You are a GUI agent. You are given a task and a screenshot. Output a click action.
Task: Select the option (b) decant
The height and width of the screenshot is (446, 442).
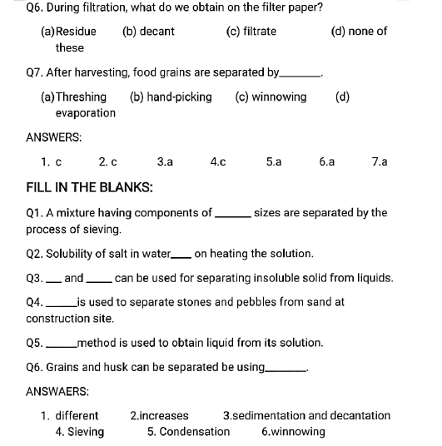click(148, 32)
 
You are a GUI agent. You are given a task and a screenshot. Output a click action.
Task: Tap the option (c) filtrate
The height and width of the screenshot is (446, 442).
click(251, 32)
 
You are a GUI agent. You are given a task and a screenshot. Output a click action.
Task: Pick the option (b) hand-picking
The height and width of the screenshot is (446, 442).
click(171, 97)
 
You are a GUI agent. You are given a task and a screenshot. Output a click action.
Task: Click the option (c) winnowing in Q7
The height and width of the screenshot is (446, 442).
click(271, 97)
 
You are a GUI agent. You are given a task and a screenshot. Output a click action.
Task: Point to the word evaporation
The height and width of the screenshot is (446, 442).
click(86, 113)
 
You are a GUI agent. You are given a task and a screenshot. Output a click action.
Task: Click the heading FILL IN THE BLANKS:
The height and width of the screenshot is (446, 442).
click(89, 187)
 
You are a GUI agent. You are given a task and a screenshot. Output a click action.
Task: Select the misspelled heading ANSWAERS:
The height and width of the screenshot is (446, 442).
click(57, 390)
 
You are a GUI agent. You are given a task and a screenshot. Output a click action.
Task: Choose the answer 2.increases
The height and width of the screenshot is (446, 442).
click(159, 415)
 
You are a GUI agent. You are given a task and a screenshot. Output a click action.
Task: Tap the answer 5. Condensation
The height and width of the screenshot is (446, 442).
click(188, 432)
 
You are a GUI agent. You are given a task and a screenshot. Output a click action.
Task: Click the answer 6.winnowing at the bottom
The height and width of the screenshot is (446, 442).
click(293, 432)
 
